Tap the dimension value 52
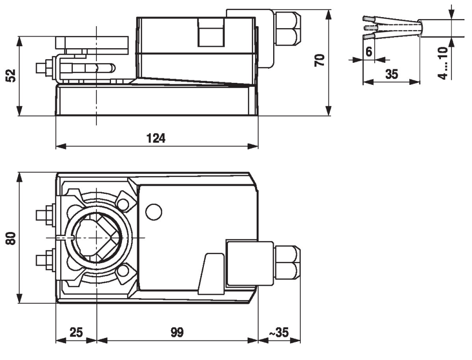[11, 75]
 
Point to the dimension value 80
[11, 237]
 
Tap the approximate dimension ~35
[279, 332]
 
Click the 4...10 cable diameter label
[442, 63]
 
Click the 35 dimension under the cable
[391, 74]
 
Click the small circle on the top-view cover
[154, 211]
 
